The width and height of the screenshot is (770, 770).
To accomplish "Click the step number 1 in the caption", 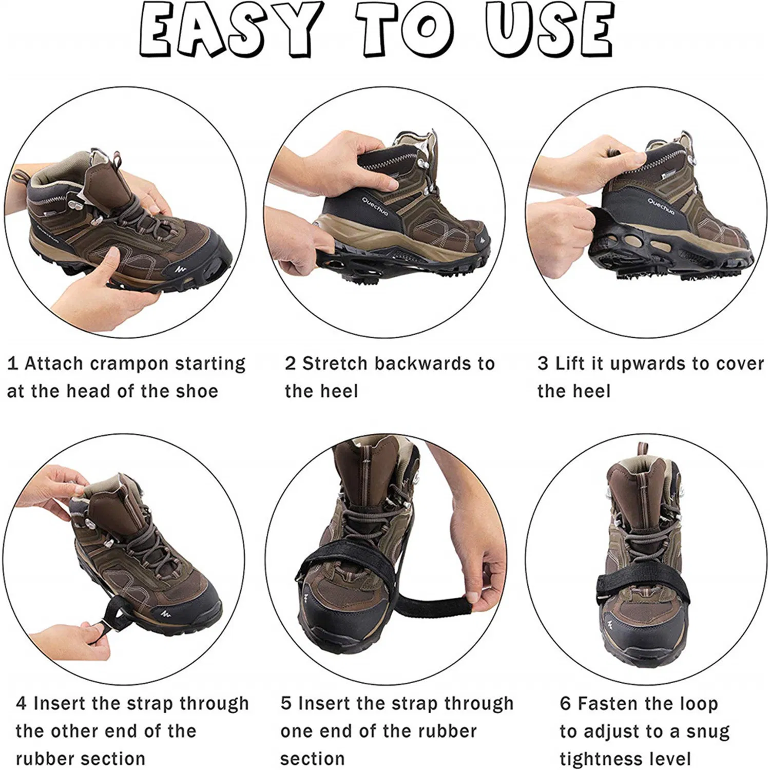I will coord(12,363).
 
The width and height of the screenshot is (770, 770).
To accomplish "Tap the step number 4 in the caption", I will coord(21,703).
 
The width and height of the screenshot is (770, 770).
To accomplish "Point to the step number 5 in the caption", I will coord(286,703).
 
